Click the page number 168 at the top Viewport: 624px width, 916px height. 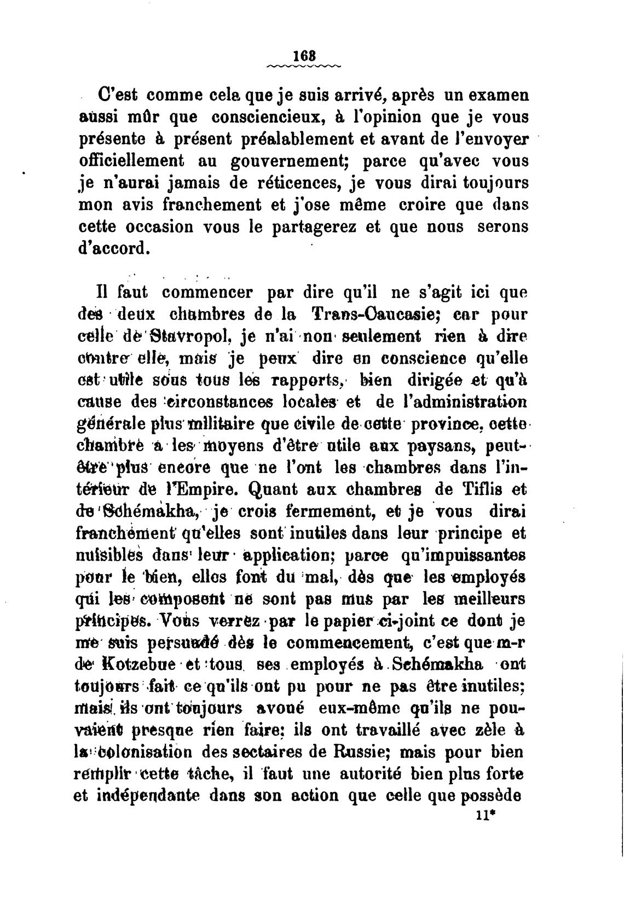[303, 56]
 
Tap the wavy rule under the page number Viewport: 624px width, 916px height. [303, 67]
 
